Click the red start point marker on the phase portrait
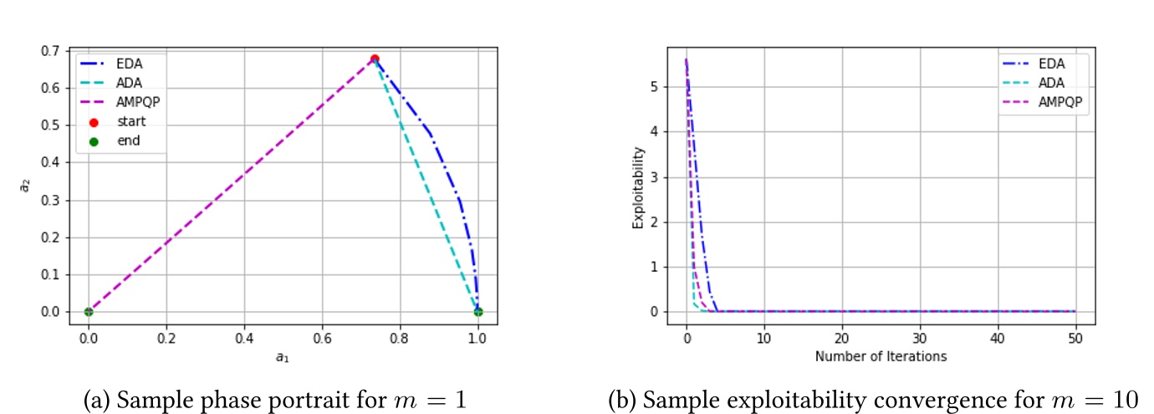point(375,59)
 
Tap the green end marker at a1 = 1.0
point(477,312)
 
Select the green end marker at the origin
point(88,312)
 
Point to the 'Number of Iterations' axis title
point(881,356)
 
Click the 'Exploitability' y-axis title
point(639,188)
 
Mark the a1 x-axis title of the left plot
point(283,357)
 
